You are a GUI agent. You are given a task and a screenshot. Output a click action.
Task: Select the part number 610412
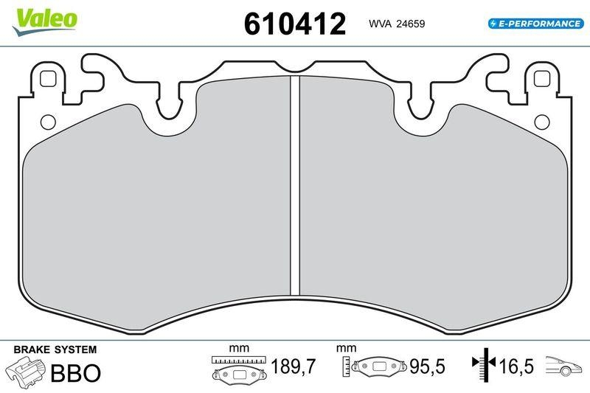point(294,24)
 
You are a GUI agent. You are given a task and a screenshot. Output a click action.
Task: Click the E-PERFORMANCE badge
point(535,24)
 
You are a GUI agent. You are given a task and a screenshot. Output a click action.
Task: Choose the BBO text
point(74,372)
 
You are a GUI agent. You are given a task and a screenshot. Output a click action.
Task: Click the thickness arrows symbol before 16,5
point(483,364)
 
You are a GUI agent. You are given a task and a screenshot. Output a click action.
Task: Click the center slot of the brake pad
point(294,184)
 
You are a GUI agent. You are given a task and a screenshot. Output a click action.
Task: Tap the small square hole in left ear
point(49,77)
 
